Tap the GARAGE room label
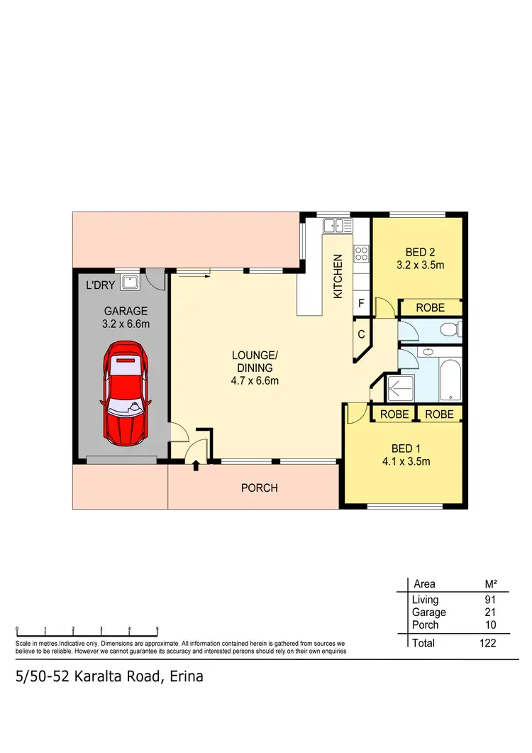126,311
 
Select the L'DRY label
99,286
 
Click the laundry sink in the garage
129,282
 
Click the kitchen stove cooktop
361,252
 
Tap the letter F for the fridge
361,304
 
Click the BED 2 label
420,253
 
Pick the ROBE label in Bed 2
430,307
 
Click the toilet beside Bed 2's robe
449,329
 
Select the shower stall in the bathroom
401,389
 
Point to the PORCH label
259,488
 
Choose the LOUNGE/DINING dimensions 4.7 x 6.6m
255,380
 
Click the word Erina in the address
185,676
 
